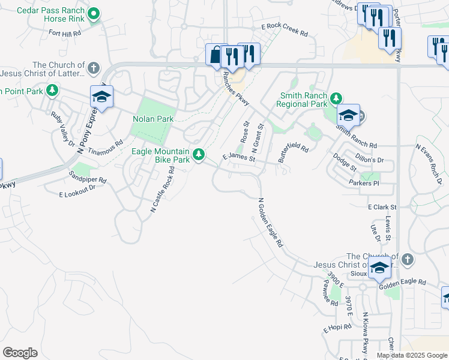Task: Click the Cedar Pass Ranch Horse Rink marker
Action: click(x=94, y=14)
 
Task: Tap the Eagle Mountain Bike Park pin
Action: click(x=198, y=155)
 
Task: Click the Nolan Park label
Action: click(x=153, y=119)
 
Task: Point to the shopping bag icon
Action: click(x=215, y=55)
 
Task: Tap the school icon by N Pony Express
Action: click(x=101, y=98)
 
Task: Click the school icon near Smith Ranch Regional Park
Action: click(x=348, y=115)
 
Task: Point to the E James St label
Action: click(x=239, y=158)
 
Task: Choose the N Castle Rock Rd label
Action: click(x=163, y=190)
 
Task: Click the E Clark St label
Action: click(x=382, y=206)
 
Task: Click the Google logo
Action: click(x=20, y=353)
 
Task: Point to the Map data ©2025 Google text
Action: click(x=412, y=355)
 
